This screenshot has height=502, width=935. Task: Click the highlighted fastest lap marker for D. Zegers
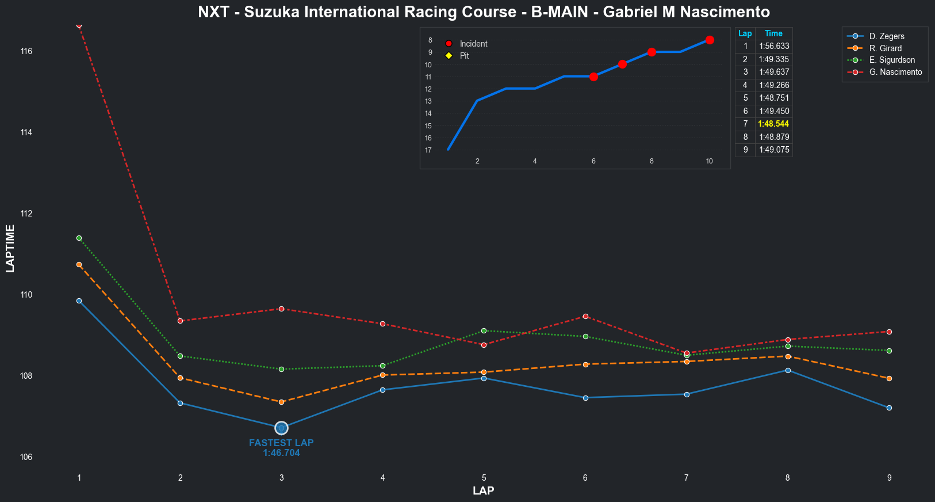(x=281, y=428)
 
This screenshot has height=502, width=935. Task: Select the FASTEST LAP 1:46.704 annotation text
(x=281, y=448)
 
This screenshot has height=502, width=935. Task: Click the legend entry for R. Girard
(x=886, y=48)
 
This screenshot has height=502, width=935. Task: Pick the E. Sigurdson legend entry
(x=892, y=60)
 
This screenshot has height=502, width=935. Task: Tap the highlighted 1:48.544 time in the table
(x=773, y=124)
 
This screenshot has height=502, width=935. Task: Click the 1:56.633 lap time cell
(x=774, y=46)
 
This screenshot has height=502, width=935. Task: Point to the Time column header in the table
(x=773, y=33)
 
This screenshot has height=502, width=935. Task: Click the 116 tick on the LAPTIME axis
(x=26, y=51)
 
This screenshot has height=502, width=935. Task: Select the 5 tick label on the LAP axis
(x=484, y=478)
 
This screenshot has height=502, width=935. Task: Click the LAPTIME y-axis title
(x=10, y=248)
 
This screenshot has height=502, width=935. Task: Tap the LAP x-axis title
(x=484, y=491)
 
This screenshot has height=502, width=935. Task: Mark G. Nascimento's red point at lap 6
(x=585, y=316)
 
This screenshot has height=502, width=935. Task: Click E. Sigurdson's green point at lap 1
(x=79, y=238)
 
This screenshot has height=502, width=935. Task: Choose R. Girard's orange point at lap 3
(x=281, y=402)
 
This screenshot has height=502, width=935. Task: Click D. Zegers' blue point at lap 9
(x=889, y=408)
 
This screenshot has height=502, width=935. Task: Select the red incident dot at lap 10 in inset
(x=710, y=40)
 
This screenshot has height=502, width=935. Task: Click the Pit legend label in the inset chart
(x=464, y=56)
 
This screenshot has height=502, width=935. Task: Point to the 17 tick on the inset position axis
(x=428, y=150)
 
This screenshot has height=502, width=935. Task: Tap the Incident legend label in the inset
(x=473, y=44)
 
